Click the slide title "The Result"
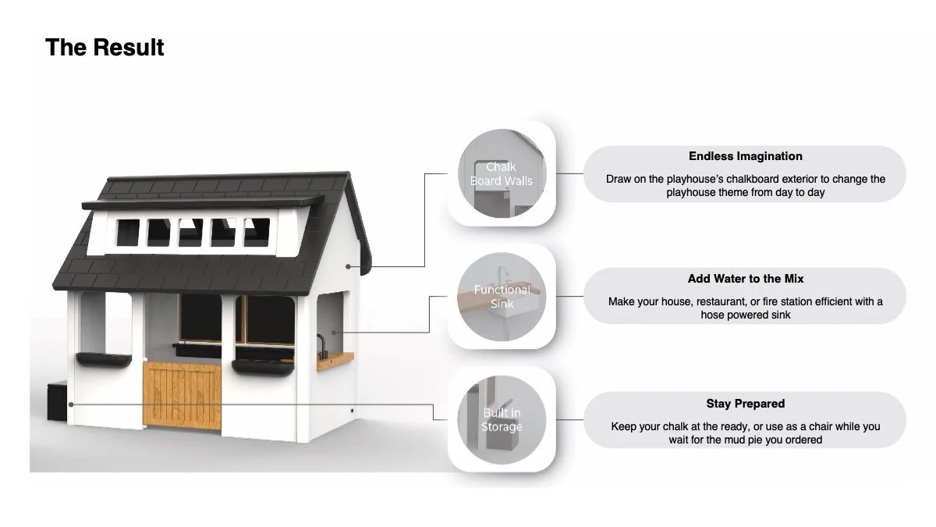[x=105, y=48]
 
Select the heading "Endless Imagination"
[x=745, y=156]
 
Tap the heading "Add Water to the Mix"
[x=745, y=279]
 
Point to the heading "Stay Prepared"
[x=745, y=404]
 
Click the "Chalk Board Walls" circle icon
[x=501, y=174]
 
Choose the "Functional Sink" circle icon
[x=501, y=296]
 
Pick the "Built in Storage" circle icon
[x=501, y=419]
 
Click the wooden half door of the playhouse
[x=182, y=393]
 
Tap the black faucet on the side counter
[x=321, y=347]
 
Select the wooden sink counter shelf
[x=336, y=360]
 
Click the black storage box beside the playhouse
[x=57, y=401]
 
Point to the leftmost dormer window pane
[x=127, y=232]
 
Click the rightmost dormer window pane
[x=257, y=232]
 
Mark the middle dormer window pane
[x=190, y=232]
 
